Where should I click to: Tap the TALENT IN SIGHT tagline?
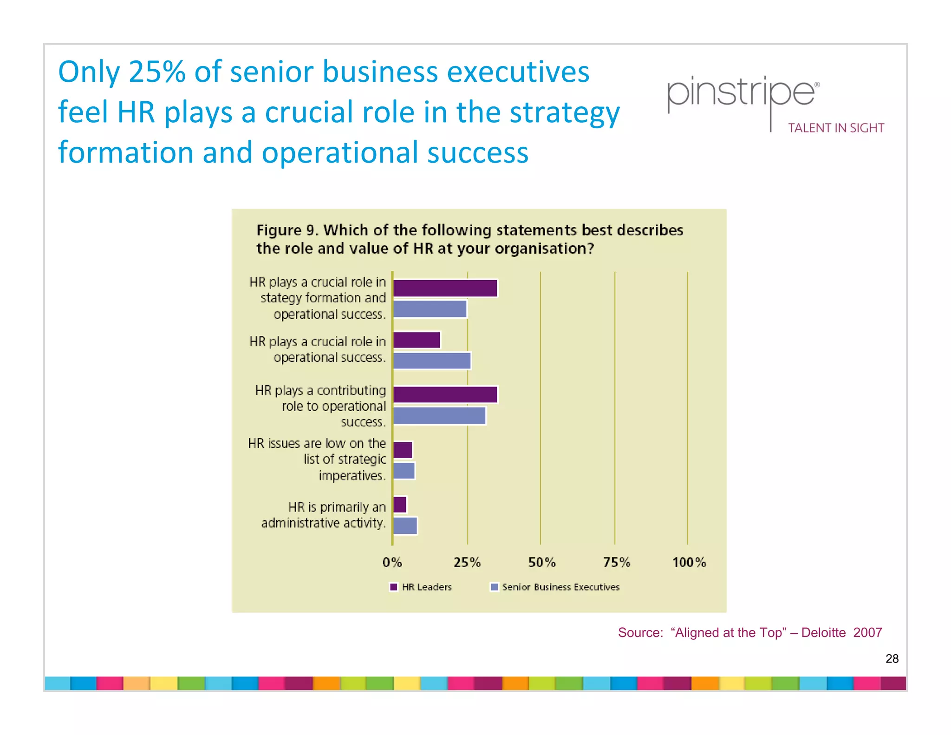[836, 128]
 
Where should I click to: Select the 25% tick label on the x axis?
[467, 563]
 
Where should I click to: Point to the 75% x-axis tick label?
[616, 563]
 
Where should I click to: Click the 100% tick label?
[689, 563]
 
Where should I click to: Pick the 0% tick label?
[392, 563]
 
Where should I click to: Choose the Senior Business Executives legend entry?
[555, 587]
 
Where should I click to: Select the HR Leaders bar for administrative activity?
[400, 505]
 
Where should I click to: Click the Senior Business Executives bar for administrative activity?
[405, 525]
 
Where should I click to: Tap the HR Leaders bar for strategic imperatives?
[403, 450]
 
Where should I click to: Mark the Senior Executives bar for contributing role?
[439, 416]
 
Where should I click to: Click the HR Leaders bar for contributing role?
[445, 394]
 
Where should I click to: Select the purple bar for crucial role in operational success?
[417, 340]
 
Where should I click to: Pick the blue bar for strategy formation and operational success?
[430, 309]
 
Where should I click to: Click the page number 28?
[892, 659]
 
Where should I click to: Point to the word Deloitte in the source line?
[823, 633]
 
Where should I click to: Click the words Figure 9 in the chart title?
[286, 230]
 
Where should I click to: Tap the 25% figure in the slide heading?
[156, 72]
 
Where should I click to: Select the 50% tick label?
[541, 563]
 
